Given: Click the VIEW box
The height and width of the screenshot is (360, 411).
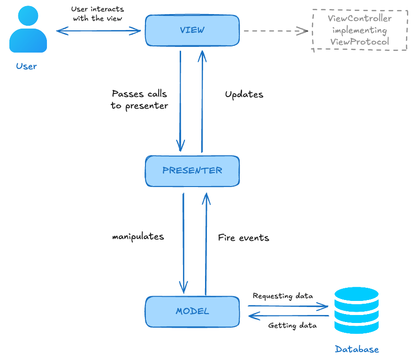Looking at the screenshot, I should tap(192, 30).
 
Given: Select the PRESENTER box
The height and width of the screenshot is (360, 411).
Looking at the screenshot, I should tap(192, 171).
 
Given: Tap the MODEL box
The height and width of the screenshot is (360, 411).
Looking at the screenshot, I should tap(192, 311).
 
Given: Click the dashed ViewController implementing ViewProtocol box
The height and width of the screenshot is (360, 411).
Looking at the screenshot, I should tap(360, 30).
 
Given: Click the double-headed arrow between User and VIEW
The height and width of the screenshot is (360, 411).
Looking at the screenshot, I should tap(99, 31).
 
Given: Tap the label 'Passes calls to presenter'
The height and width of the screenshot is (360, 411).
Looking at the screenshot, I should tap(139, 100).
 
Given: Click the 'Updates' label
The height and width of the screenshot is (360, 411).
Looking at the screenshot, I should tap(244, 95).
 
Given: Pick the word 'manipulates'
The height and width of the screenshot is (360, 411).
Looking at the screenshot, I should tap(138, 237).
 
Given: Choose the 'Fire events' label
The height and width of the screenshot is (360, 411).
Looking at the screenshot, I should tap(244, 238).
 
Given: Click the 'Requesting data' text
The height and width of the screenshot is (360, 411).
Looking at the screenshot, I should tap(282, 296).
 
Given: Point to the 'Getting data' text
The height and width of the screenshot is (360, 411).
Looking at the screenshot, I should tap(292, 325).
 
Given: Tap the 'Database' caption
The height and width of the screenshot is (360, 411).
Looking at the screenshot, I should tap(357, 349).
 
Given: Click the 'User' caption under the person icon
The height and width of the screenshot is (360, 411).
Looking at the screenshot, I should tap(26, 66).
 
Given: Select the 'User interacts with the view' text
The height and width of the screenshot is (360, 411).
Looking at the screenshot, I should tap(98, 14).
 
